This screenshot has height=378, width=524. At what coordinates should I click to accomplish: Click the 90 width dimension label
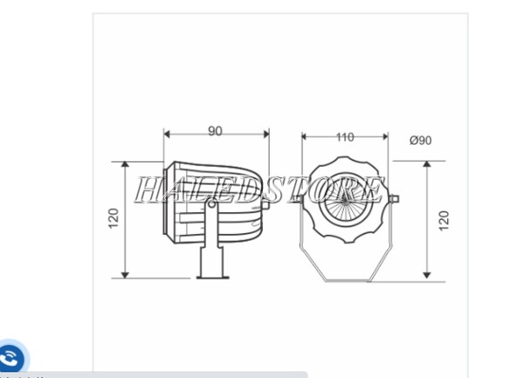(215, 131)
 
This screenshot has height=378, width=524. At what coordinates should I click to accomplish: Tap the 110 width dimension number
(345, 137)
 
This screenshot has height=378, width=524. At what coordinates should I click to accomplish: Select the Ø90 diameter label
(421, 141)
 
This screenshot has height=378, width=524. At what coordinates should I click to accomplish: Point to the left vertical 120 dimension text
(114, 218)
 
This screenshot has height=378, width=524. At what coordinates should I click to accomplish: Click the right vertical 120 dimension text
(444, 220)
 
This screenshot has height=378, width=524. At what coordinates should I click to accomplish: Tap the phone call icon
(11, 358)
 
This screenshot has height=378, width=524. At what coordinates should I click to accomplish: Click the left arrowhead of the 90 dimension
(167, 134)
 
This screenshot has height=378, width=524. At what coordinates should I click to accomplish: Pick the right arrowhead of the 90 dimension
(266, 134)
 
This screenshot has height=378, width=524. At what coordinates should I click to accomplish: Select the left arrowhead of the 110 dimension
(304, 136)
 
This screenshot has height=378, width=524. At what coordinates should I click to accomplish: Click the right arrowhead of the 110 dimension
(386, 136)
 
